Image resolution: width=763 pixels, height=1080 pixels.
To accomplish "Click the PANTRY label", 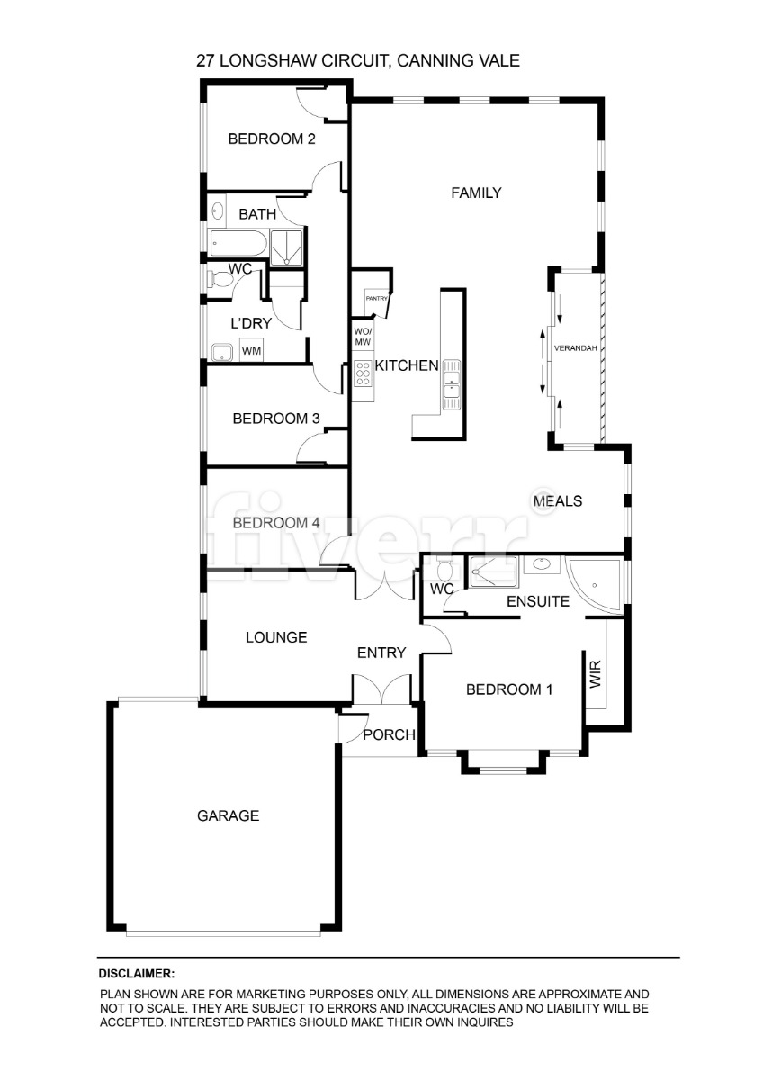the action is [376, 299].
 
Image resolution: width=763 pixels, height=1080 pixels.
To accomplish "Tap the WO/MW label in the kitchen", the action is [363, 337].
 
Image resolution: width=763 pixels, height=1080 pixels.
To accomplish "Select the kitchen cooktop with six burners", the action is [363, 373].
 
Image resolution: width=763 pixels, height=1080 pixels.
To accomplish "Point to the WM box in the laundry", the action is [251, 350].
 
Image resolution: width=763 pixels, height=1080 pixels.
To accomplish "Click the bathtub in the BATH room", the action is [238, 243].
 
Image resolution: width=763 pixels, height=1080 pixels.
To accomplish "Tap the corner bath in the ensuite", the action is [594, 586].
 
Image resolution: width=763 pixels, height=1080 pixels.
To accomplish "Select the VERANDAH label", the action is [576, 348].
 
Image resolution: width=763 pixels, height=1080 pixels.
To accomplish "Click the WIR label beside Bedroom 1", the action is [596, 673].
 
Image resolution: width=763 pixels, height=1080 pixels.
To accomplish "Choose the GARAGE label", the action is [228, 815].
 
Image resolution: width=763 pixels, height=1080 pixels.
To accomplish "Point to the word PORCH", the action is [389, 734].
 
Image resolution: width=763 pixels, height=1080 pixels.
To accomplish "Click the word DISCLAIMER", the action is [137, 974].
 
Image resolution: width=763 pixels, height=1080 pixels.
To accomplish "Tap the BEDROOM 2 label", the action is [272, 139].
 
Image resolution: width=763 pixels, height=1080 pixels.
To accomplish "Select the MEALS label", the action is [558, 501].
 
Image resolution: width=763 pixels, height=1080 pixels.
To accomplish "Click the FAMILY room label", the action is [476, 193].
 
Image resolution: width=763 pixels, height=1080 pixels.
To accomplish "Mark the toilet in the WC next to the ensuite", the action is [443, 569].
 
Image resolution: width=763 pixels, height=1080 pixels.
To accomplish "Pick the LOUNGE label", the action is [276, 637].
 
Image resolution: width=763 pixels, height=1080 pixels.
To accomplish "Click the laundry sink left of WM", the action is [222, 353].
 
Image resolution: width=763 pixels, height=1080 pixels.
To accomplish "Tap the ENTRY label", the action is [381, 652].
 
